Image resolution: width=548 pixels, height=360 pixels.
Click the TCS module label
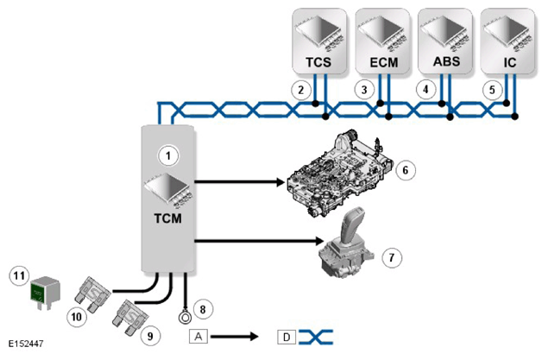[318, 62]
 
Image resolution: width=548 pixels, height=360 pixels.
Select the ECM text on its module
[384, 62]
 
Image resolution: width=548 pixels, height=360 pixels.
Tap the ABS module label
[446, 61]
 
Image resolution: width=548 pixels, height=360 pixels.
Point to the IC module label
[509, 62]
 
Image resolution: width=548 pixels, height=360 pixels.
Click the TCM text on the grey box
[167, 218]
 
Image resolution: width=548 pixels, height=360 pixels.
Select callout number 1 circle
[168, 155]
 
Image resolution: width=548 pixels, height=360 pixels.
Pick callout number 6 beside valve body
[406, 170]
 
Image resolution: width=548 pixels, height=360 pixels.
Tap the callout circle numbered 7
[392, 258]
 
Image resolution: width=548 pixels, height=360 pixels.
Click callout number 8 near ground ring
[203, 309]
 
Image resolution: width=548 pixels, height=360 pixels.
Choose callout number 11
[19, 276]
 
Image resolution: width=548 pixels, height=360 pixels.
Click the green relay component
[45, 293]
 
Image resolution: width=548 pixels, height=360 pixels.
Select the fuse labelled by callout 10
[92, 294]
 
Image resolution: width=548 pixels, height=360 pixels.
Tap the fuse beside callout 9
[129, 318]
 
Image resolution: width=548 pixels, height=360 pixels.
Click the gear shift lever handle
[353, 225]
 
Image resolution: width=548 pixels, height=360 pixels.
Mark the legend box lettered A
[198, 337]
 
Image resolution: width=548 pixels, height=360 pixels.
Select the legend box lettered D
[287, 337]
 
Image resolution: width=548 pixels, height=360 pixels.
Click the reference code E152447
[26, 344]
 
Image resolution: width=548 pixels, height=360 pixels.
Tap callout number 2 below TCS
[301, 90]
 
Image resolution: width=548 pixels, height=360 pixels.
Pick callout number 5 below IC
[492, 90]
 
